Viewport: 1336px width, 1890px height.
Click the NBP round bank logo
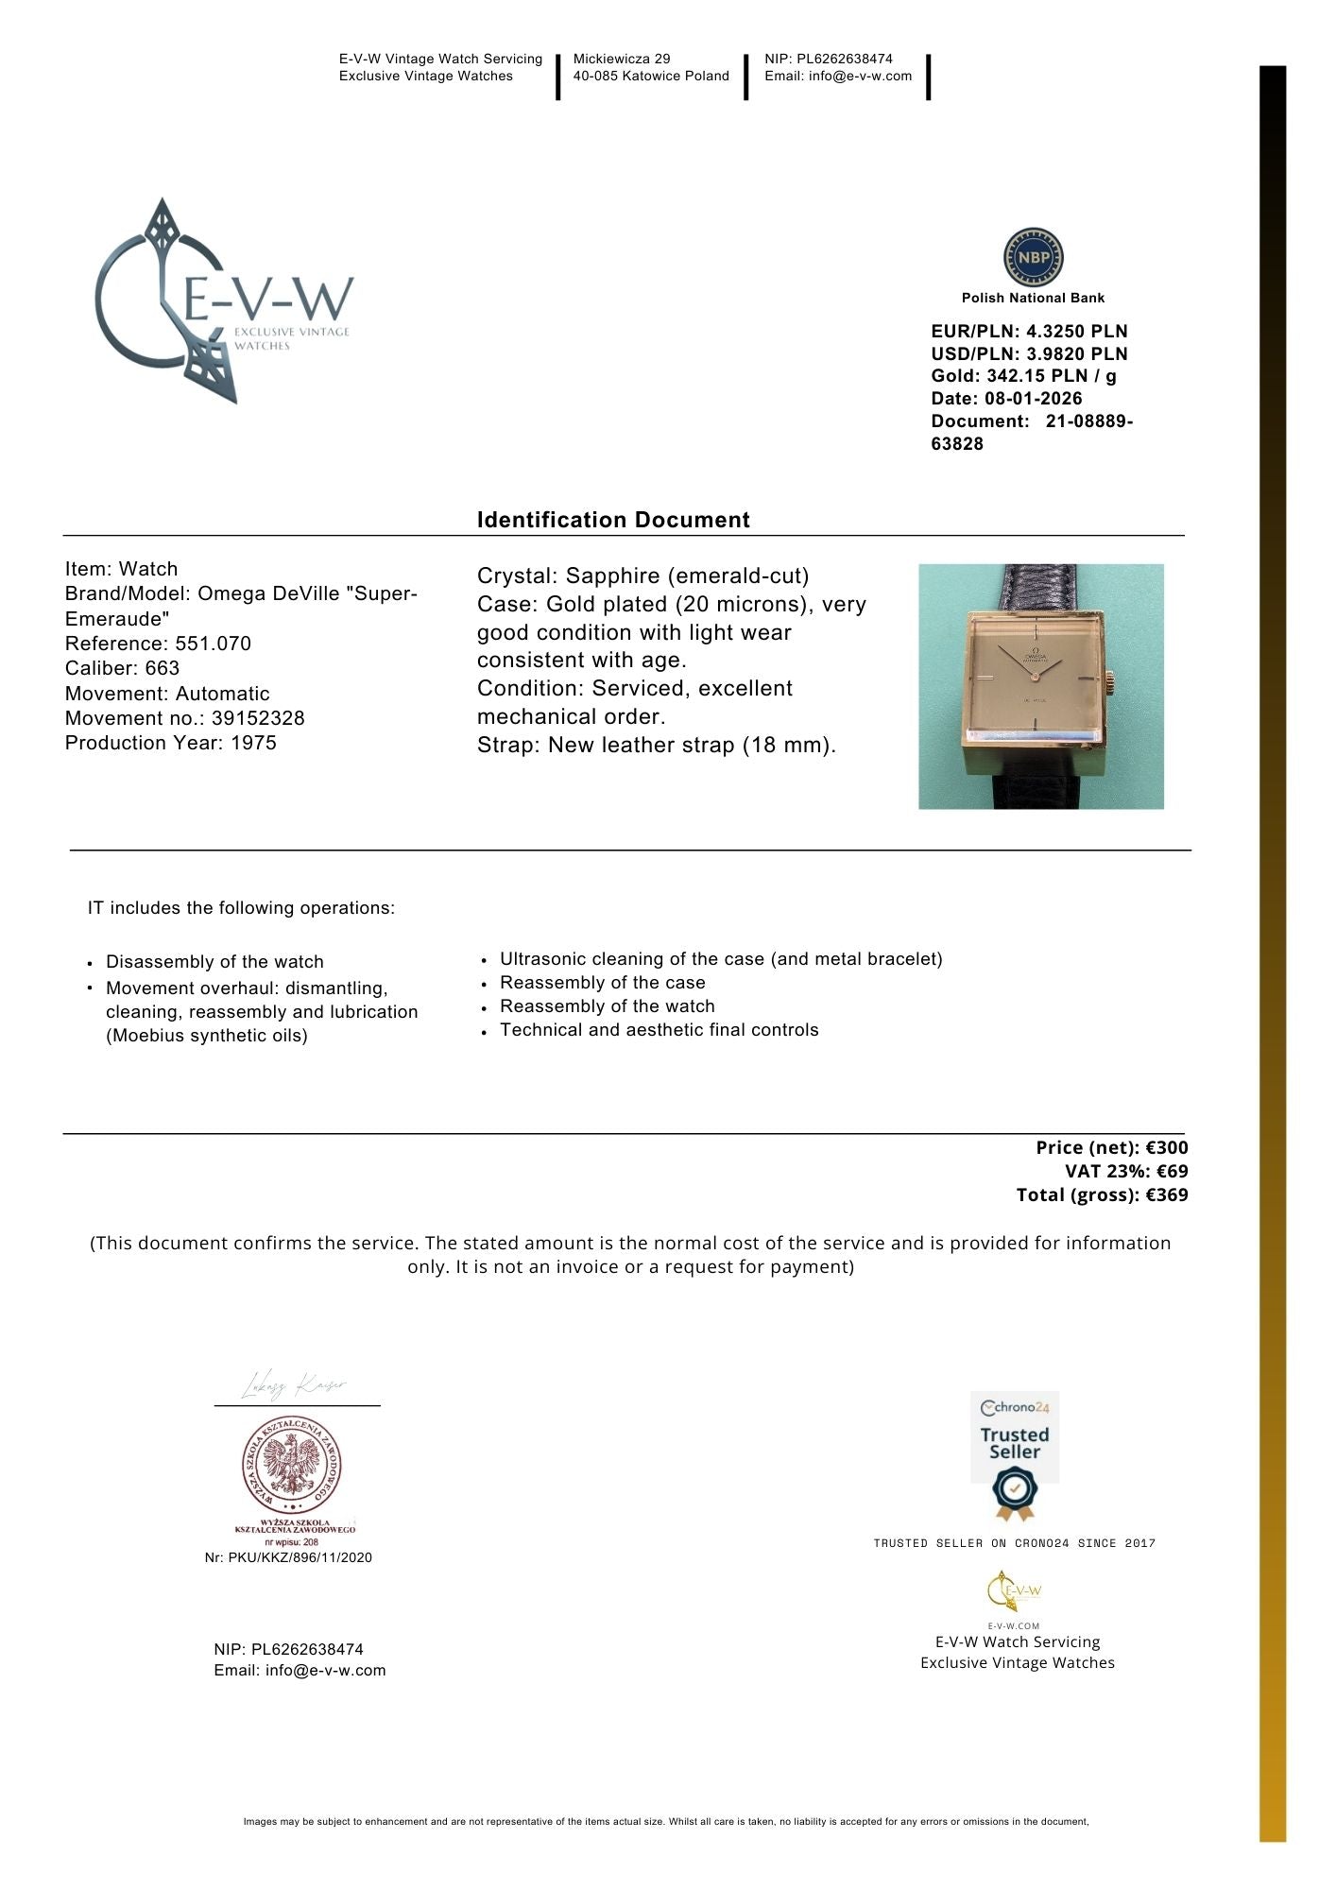click(x=1033, y=257)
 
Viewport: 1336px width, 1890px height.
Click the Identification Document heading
click(x=613, y=520)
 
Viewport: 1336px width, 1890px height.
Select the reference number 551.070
click(x=214, y=644)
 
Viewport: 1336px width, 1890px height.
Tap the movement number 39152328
click(x=258, y=718)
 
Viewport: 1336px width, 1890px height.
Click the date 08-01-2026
click(x=1033, y=399)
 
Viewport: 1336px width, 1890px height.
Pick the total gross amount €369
click(x=1167, y=1194)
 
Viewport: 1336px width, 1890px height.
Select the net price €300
click(x=1167, y=1147)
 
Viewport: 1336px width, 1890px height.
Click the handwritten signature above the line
click(x=294, y=1385)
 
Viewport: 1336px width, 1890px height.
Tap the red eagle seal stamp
click(x=291, y=1466)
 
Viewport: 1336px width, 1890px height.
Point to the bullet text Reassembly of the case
click(x=602, y=983)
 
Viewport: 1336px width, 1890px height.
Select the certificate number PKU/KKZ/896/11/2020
click(x=300, y=1557)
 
